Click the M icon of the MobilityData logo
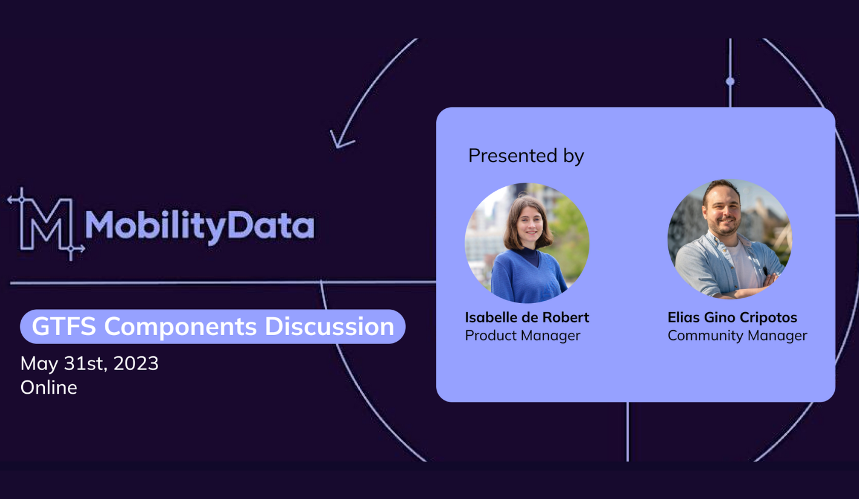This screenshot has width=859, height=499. point(46,224)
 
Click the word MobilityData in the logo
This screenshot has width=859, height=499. point(199,227)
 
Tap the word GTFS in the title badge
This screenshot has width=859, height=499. point(64,326)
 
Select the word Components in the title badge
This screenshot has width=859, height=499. point(181,327)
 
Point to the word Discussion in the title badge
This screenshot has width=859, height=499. point(330,326)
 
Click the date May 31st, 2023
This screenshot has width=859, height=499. point(89,364)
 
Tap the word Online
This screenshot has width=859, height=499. point(48,388)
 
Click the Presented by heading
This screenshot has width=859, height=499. point(526,156)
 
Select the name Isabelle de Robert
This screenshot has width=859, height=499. point(527,318)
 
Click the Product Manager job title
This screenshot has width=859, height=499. point(523,336)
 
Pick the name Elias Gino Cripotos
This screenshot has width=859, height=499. point(732,318)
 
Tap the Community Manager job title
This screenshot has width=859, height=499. point(737,336)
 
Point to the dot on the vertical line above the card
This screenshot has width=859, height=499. point(730,81)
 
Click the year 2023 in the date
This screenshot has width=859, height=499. point(136,363)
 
